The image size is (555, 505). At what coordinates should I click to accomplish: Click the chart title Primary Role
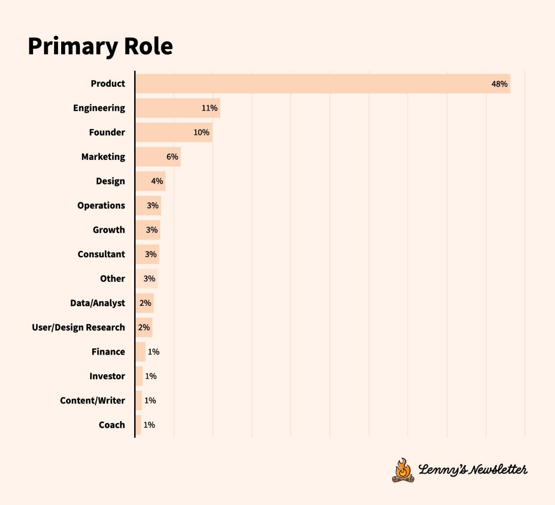click(x=100, y=46)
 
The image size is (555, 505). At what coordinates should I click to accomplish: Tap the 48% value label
click(x=499, y=84)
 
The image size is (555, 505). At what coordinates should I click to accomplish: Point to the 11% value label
click(x=209, y=108)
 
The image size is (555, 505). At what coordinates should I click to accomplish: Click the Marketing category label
click(x=103, y=157)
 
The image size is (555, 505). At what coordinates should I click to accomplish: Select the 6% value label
click(x=172, y=157)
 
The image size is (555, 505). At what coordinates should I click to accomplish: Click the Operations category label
click(x=101, y=206)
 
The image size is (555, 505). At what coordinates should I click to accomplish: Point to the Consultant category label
click(x=101, y=254)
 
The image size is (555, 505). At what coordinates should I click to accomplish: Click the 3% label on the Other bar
click(x=149, y=279)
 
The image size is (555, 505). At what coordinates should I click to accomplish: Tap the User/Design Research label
click(x=78, y=328)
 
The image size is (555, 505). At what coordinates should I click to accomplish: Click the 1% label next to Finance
click(x=153, y=352)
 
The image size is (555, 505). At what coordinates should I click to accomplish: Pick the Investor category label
click(x=107, y=376)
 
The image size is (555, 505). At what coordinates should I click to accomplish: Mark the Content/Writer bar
click(x=139, y=401)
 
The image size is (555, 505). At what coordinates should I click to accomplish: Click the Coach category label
click(x=112, y=425)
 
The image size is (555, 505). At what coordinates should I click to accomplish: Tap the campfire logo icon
click(x=403, y=470)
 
